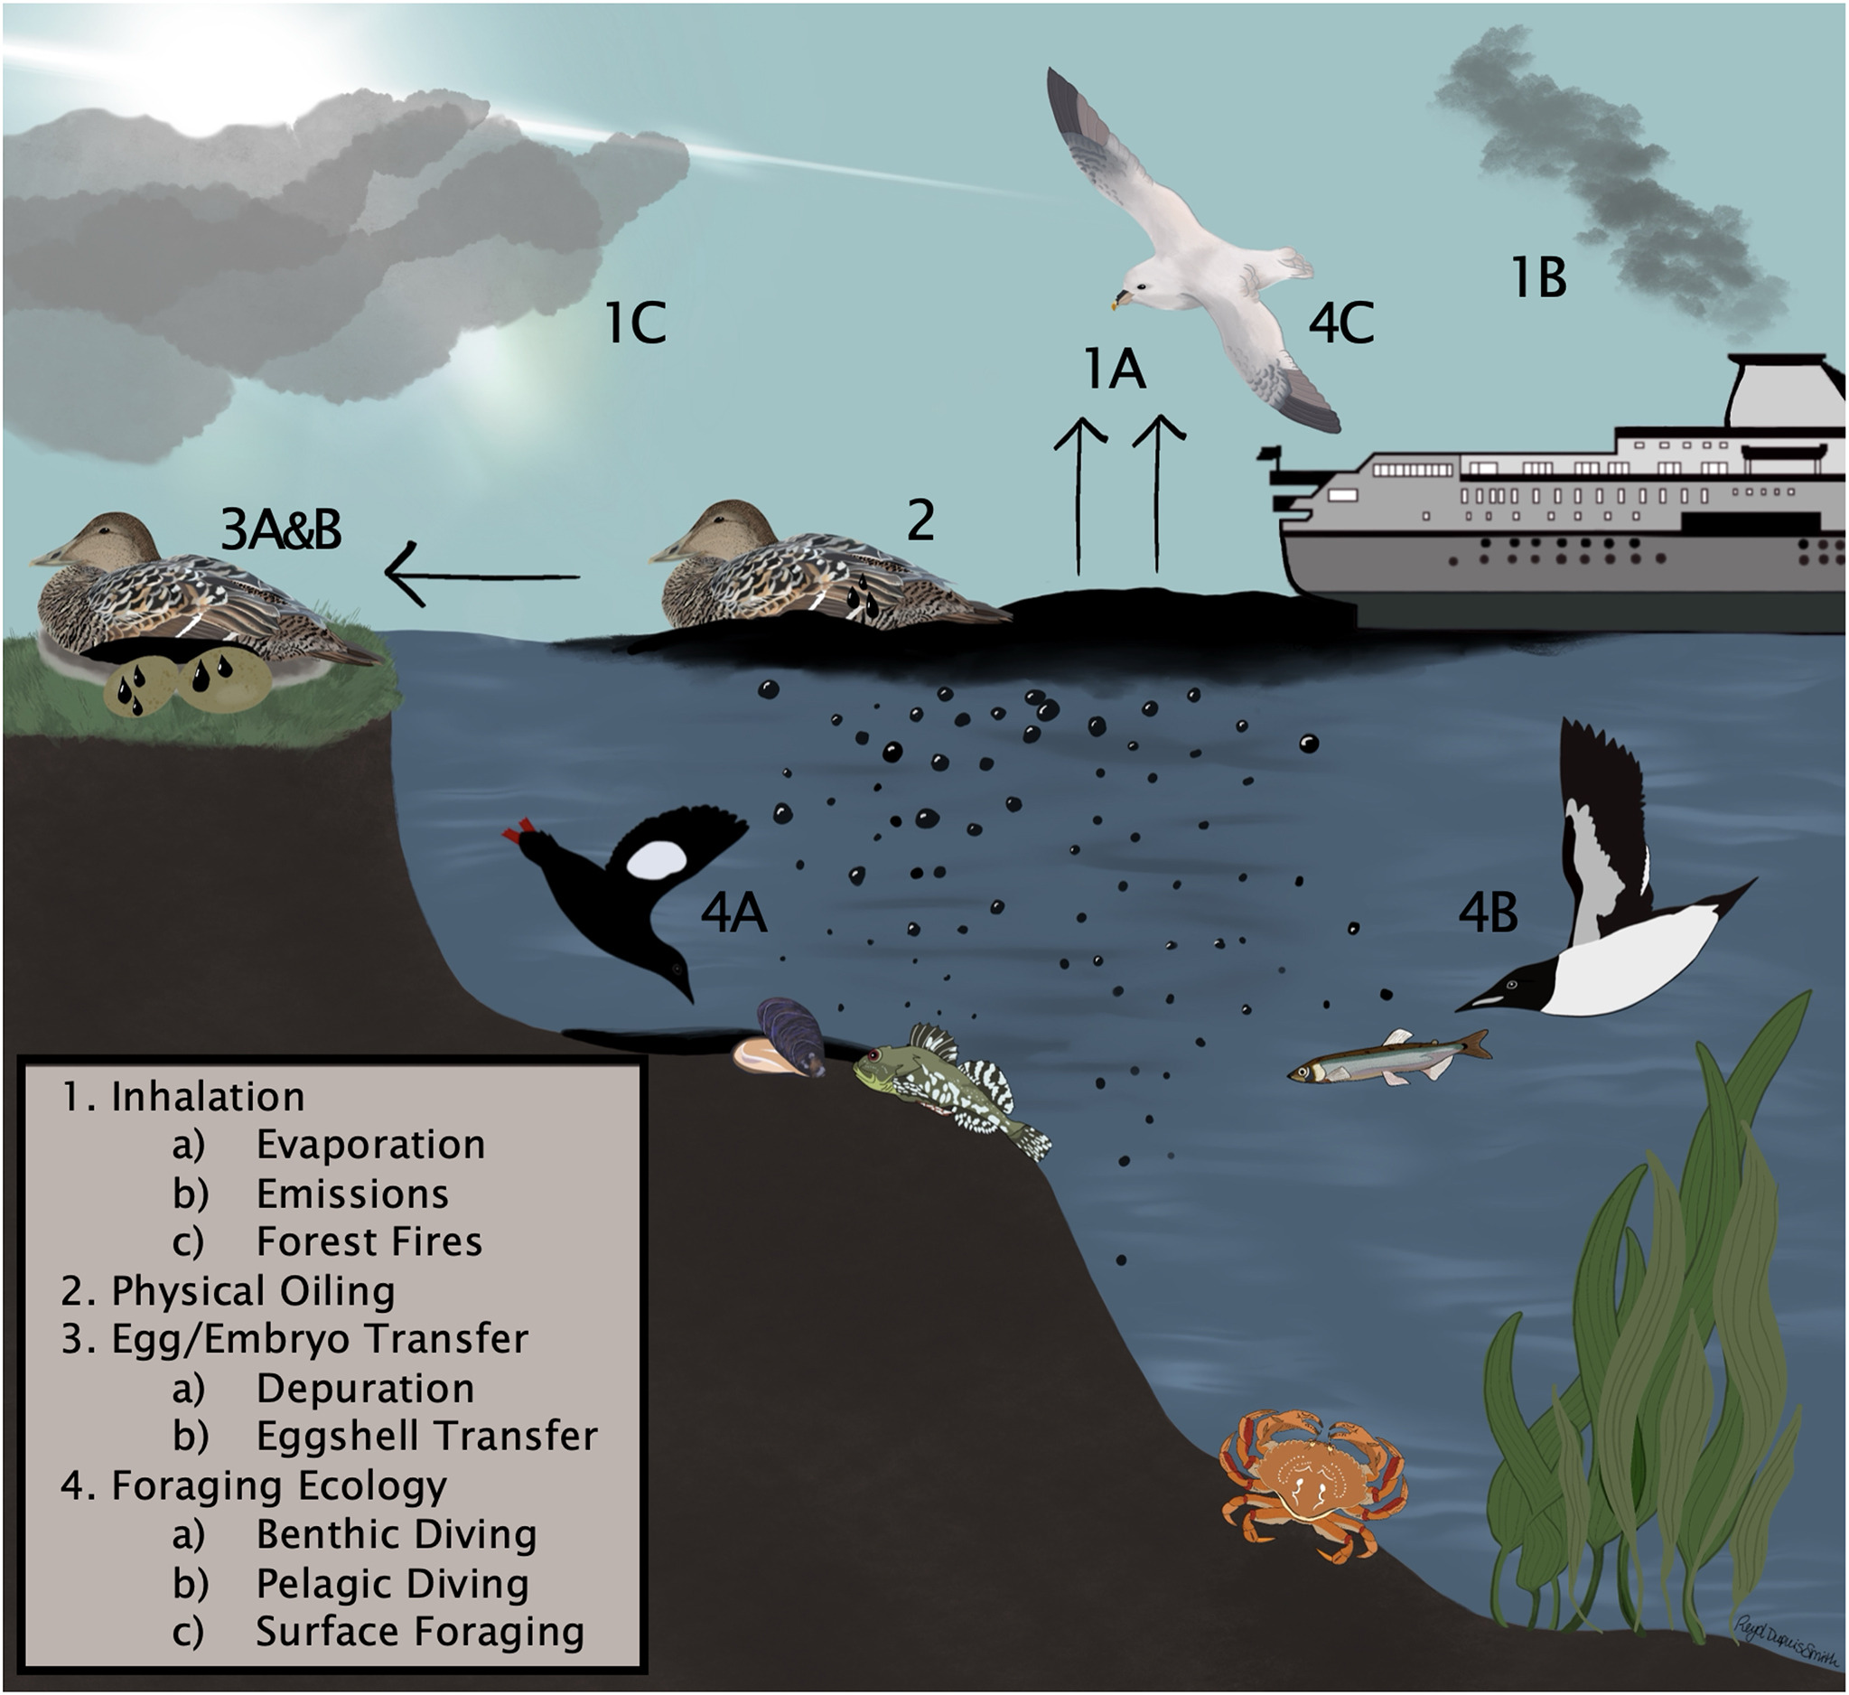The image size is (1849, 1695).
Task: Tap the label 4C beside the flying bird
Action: pyautogui.click(x=1340, y=323)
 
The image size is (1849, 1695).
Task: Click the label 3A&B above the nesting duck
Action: pyautogui.click(x=281, y=530)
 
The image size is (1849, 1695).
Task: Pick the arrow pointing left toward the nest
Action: pyautogui.click(x=481, y=577)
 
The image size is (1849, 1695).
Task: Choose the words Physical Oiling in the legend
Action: pyautogui.click(x=252, y=1291)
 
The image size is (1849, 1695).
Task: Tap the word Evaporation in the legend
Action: pyautogui.click(x=369, y=1145)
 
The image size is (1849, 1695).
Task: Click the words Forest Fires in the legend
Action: pyautogui.click(x=369, y=1242)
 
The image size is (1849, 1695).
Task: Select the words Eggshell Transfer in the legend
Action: pyautogui.click(x=426, y=1437)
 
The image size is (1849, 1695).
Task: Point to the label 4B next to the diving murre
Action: pyautogui.click(x=1487, y=914)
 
